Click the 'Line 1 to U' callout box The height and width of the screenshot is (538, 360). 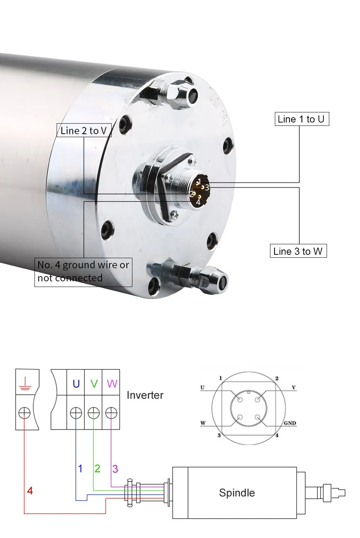click(302, 119)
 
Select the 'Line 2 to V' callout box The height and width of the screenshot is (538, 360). click(84, 130)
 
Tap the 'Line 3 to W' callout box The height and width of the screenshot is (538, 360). click(298, 251)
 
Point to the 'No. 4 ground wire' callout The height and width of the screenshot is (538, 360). click(83, 272)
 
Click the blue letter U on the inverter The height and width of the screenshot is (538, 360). click(76, 384)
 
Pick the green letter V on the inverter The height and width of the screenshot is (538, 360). click(94, 384)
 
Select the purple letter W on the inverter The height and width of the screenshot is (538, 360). click(112, 384)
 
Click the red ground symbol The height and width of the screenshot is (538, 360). click(25, 384)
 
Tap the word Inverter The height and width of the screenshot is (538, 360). click(145, 395)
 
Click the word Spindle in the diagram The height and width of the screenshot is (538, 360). click(237, 493)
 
